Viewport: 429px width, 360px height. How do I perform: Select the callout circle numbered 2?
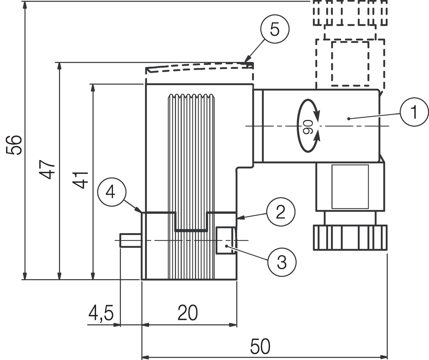[x=281, y=212]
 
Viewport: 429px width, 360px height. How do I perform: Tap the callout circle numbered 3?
[x=282, y=262]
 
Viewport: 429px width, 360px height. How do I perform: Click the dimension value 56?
[x=14, y=145]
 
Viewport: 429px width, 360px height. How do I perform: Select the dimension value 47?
[x=47, y=169]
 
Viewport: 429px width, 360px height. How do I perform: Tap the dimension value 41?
[x=80, y=180]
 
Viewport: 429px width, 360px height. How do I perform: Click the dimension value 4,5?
[x=101, y=313]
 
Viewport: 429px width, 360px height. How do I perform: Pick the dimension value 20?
[x=188, y=313]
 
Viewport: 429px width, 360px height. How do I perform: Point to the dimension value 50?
[x=260, y=347]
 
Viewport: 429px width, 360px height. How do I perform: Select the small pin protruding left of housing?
[x=130, y=240]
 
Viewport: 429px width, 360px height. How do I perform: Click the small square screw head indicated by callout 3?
[x=225, y=240]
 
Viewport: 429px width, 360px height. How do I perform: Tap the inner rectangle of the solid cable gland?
[x=350, y=187]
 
